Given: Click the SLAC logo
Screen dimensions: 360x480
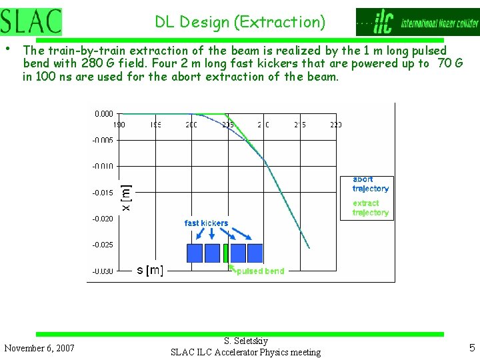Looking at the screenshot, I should (31, 22).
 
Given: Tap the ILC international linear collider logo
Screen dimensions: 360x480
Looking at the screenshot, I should (417, 22).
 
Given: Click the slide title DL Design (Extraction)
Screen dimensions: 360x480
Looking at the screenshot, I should (240, 22).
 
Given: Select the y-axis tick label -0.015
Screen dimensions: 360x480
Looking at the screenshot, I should (103, 193).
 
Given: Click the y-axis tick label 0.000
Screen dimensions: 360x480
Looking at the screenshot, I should (104, 114).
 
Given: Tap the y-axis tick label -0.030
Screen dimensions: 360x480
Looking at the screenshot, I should (103, 271).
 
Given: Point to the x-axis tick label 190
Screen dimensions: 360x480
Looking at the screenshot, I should (119, 125).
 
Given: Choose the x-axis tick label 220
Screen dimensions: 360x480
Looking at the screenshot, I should (335, 125).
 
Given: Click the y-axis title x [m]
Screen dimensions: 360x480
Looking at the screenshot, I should (127, 198).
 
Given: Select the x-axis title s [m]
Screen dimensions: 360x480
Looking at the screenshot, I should (150, 270).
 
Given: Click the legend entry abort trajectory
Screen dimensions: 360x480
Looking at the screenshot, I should (370, 184).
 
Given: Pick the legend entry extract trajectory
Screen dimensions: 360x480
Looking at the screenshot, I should (370, 208).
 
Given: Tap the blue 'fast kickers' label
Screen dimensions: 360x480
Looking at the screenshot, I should (206, 223).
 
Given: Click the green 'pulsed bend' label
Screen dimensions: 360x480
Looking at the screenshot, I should (260, 271).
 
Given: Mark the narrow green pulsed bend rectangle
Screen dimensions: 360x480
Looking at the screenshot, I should (226, 253).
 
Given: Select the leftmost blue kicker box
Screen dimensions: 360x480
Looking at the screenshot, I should (195, 253).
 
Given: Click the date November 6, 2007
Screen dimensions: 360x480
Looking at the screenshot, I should (39, 348).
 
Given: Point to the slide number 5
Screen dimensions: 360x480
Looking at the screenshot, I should (472, 347).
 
